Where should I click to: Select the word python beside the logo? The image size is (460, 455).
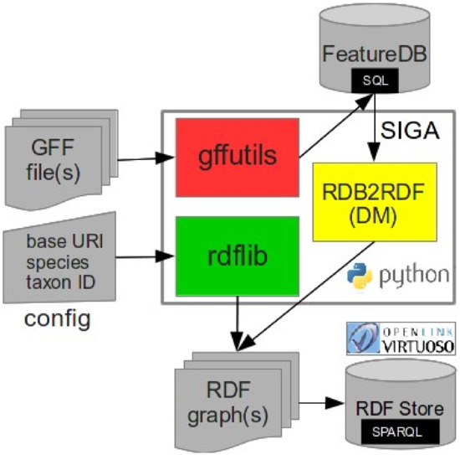[x=411, y=276]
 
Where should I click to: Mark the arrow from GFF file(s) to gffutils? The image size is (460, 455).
[x=140, y=156]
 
